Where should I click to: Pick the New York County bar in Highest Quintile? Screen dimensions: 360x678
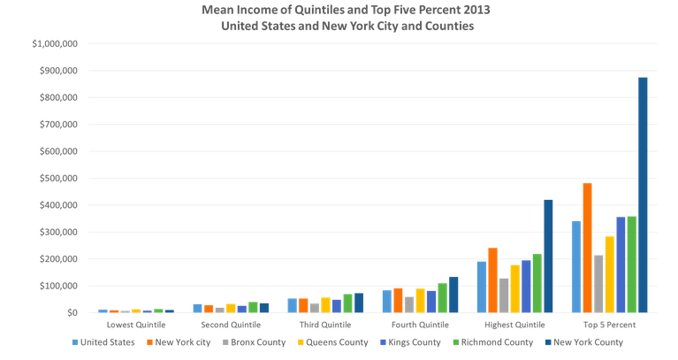pos(548,256)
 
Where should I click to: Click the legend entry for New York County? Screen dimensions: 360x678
pos(590,341)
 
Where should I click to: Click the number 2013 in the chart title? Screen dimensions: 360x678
pos(478,10)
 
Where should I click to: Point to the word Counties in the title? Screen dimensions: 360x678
pos(446,27)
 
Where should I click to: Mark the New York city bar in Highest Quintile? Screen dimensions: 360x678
pos(493,280)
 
